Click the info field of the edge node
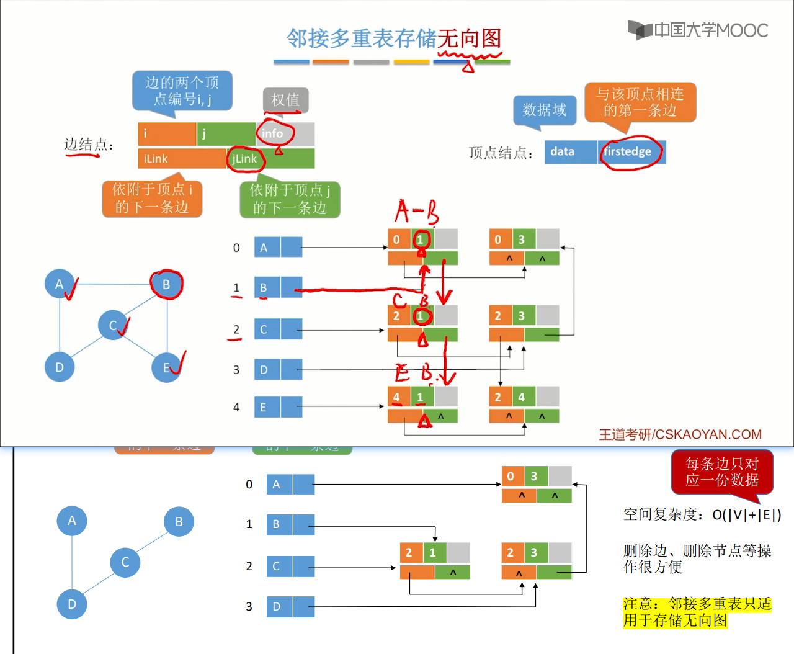pyautogui.click(x=285, y=133)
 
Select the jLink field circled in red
pyautogui.click(x=245, y=159)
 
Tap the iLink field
pyautogui.click(x=181, y=159)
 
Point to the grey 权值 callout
pyautogui.click(x=285, y=100)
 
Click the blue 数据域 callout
pyautogui.click(x=545, y=110)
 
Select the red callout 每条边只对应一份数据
pyautogui.click(x=721, y=472)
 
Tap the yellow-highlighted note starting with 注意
pyautogui.click(x=697, y=612)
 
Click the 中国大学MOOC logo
pyautogui.click(x=698, y=30)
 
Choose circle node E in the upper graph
pyautogui.click(x=166, y=367)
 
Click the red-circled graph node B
pyautogui.click(x=166, y=284)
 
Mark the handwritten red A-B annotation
pyautogui.click(x=416, y=212)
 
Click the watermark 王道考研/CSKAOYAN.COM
pyautogui.click(x=680, y=434)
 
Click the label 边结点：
pyautogui.click(x=89, y=145)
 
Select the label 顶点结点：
pyautogui.click(x=501, y=153)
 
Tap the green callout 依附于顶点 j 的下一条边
pyautogui.click(x=290, y=199)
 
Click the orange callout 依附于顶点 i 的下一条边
pyautogui.click(x=152, y=199)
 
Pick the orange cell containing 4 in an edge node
pyautogui.click(x=396, y=397)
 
